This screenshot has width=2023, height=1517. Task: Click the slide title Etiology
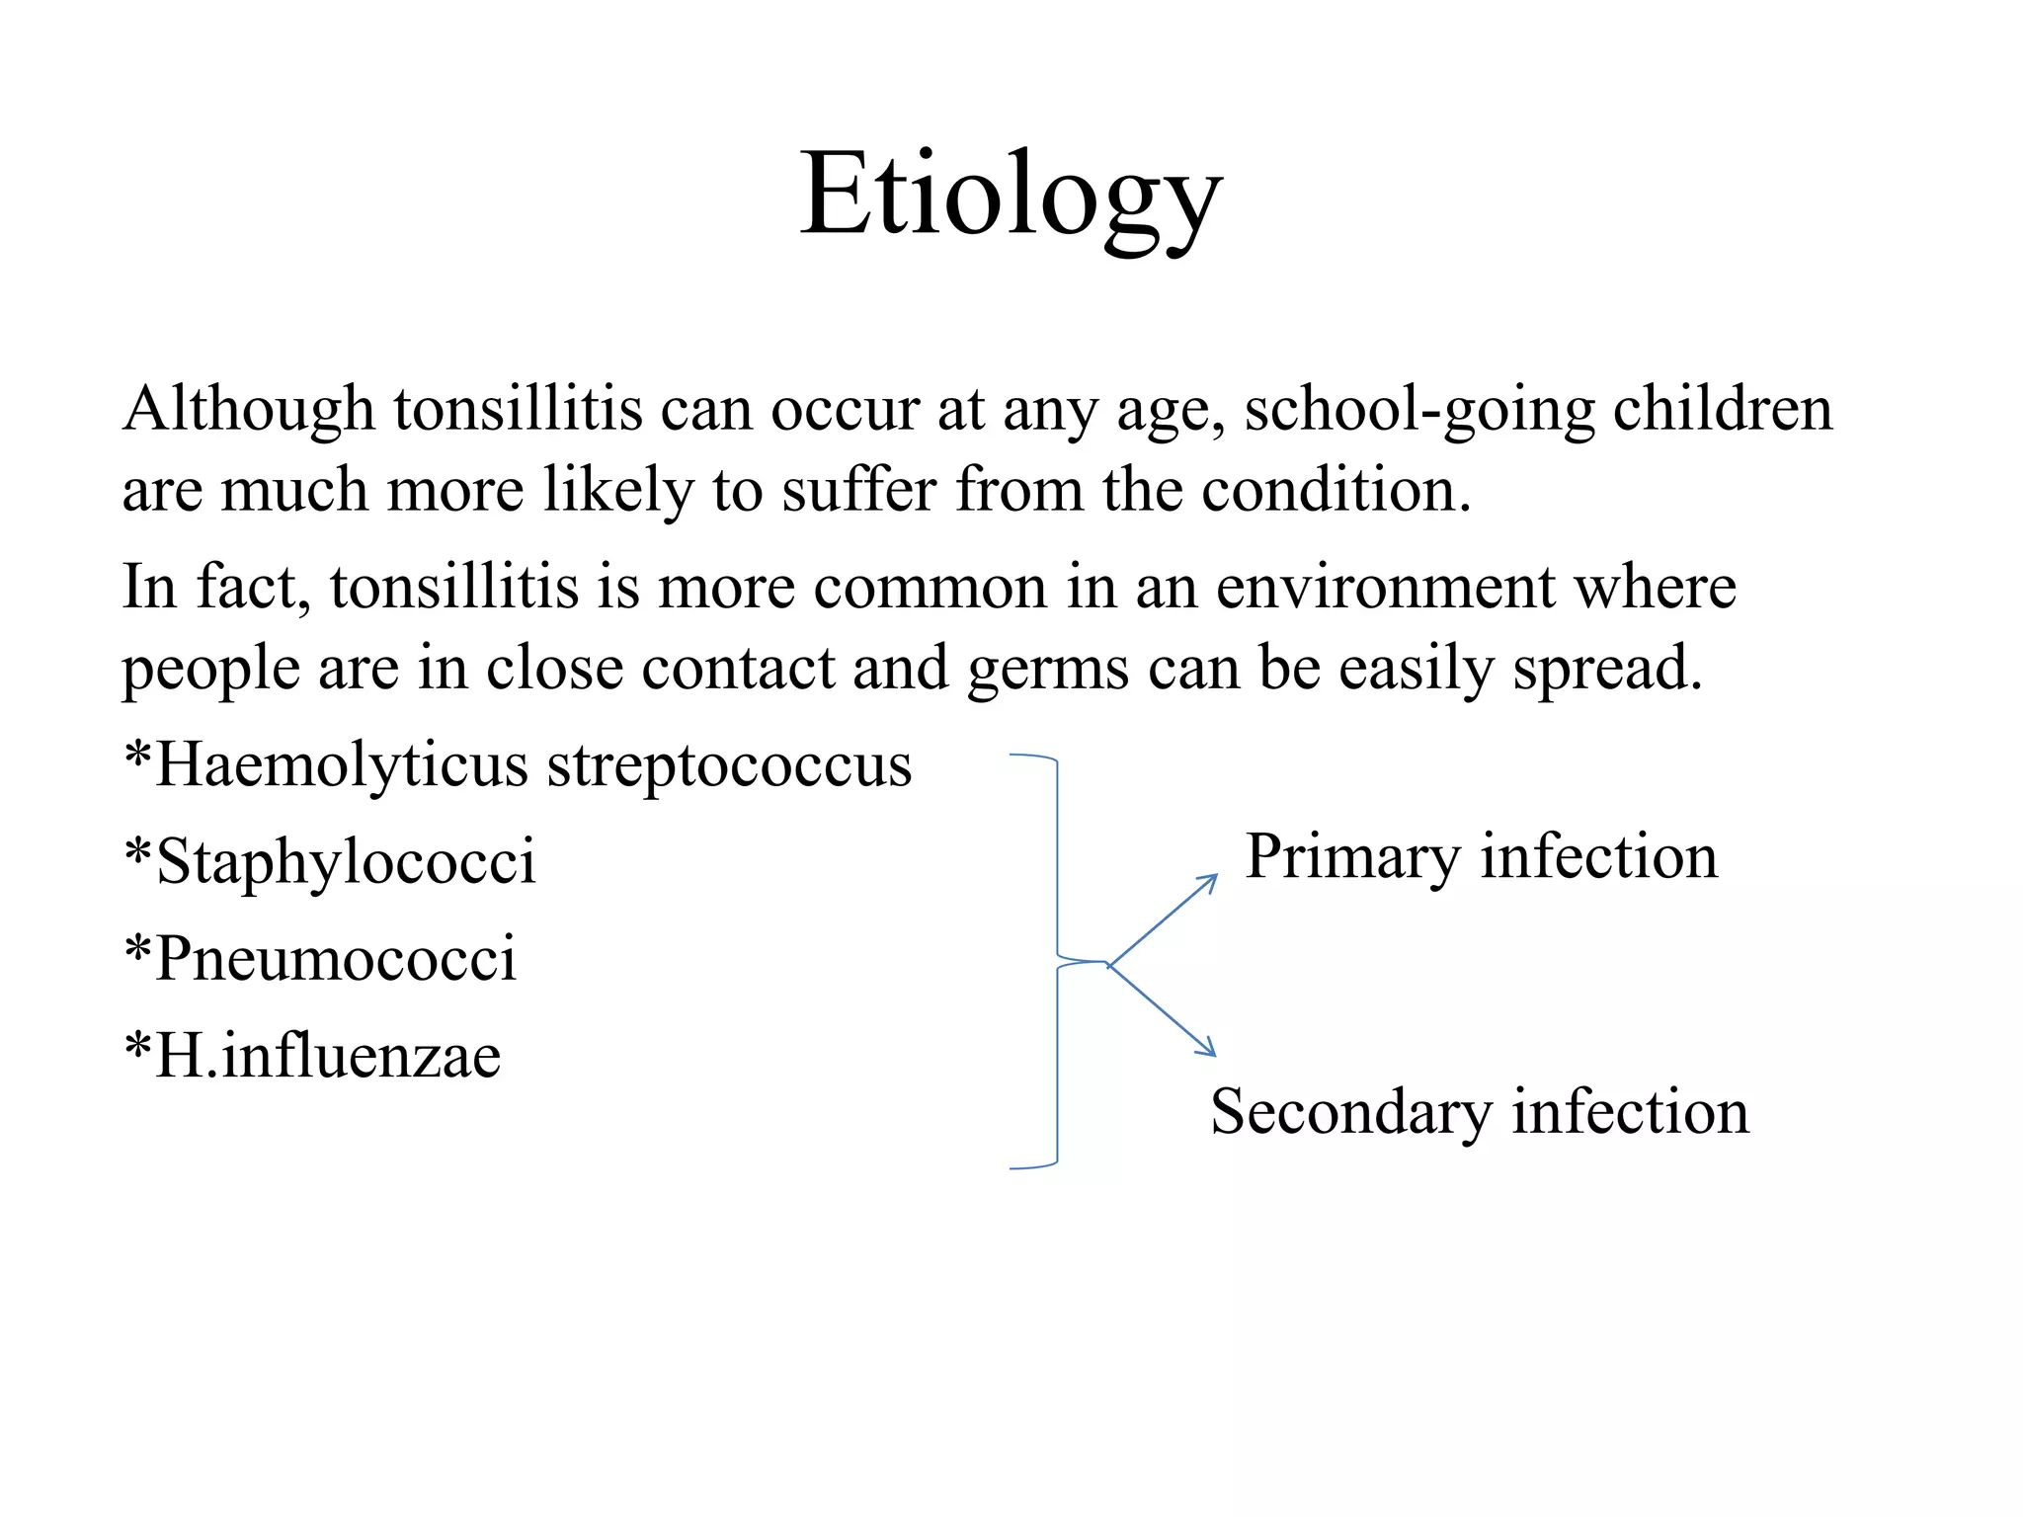point(1011,195)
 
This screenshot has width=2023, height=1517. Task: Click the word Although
point(249,409)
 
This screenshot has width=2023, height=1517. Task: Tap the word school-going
point(1419,409)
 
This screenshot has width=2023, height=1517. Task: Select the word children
point(1723,409)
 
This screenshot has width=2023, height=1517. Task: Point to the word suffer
point(859,490)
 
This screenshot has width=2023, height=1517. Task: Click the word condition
point(1335,490)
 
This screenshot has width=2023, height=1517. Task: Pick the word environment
point(1385,588)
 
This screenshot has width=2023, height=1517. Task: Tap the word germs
point(1048,670)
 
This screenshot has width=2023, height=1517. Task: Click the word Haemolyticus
point(342,766)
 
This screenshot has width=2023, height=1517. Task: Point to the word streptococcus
point(729,766)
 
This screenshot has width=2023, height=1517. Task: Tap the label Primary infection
point(1481,856)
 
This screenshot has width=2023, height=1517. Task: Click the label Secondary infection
point(1480,1112)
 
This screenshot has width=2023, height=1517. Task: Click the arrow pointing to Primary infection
point(1164,918)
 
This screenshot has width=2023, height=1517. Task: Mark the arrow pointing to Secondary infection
point(1163,1010)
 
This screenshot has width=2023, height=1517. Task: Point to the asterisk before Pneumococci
point(138,946)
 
